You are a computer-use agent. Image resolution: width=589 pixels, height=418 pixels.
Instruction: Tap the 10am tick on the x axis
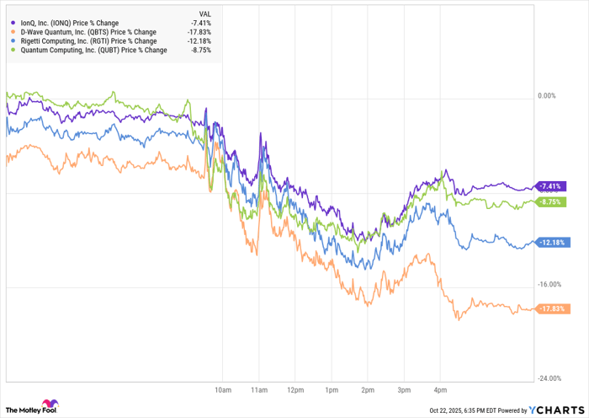(x=223, y=390)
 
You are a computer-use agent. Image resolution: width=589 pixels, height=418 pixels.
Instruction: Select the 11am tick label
(x=259, y=390)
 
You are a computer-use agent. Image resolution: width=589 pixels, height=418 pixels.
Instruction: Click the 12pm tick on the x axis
(x=295, y=390)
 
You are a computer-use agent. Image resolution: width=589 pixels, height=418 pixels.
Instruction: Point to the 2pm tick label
(x=367, y=390)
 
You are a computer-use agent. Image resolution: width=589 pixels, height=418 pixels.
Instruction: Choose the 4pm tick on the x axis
(x=439, y=390)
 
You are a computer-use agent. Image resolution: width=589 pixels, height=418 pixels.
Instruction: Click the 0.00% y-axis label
(x=546, y=96)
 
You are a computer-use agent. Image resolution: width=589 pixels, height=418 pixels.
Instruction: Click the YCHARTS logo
(x=555, y=410)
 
